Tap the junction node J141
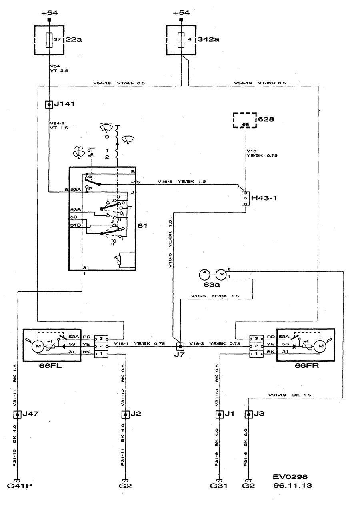click(49, 105)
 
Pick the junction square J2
click(126, 414)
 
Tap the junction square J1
click(219, 414)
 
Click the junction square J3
click(248, 414)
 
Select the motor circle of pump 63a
click(221, 275)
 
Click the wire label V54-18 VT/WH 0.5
click(119, 83)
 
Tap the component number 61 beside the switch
click(142, 226)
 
